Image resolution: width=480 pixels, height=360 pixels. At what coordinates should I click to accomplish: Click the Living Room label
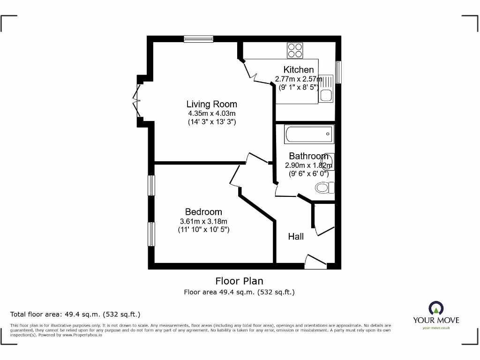[211, 104]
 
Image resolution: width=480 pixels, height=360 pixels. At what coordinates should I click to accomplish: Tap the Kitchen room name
[299, 70]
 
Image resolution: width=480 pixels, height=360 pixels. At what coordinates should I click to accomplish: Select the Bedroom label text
[203, 212]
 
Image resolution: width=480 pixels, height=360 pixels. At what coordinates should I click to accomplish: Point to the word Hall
[296, 237]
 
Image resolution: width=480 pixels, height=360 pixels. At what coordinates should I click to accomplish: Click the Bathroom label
[308, 156]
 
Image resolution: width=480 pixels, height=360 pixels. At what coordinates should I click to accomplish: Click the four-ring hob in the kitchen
[295, 50]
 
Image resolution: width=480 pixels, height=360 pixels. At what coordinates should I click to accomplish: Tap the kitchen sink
[326, 89]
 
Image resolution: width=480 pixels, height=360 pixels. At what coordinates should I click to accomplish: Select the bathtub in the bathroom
[309, 135]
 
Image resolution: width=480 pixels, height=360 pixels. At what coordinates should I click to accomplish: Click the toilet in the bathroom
[324, 188]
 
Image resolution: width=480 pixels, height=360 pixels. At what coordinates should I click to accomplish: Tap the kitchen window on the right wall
[338, 72]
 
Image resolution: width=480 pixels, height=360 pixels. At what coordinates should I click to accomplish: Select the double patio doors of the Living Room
[137, 100]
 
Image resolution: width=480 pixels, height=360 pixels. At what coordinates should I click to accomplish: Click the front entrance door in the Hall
[315, 262]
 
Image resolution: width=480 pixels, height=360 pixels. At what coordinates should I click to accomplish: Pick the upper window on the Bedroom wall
[151, 185]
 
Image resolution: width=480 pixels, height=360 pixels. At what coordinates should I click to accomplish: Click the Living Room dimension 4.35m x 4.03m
[211, 113]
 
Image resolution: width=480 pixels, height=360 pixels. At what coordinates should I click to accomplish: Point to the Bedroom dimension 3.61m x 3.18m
[203, 221]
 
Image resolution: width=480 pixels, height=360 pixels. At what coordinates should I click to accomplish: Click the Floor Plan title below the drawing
[239, 281]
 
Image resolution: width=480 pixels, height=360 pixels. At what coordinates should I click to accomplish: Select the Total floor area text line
[75, 314]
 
